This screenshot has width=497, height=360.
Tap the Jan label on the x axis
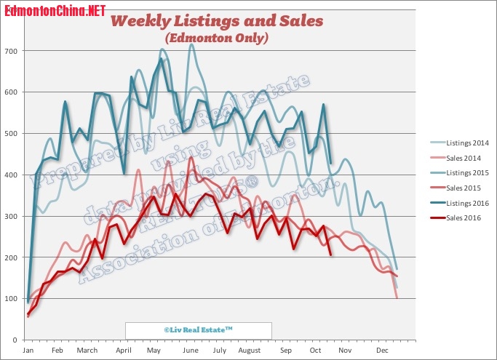(x=28, y=351)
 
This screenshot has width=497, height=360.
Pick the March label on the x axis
(x=87, y=351)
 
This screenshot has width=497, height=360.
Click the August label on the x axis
(x=249, y=351)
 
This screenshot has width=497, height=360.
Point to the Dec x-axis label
(x=381, y=351)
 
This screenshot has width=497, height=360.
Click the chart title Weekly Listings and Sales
(x=216, y=20)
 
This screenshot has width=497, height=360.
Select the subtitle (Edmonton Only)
(x=217, y=37)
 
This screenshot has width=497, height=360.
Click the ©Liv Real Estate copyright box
(x=198, y=329)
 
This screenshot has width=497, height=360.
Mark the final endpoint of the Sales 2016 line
(x=331, y=255)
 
